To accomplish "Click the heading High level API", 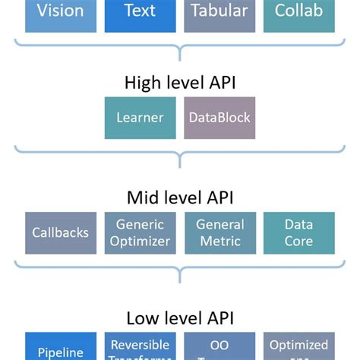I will click(x=179, y=82).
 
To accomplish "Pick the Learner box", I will click(x=140, y=118).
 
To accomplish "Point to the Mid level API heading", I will click(x=179, y=197).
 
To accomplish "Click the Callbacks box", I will click(x=61, y=233).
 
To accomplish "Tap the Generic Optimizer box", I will click(x=140, y=233).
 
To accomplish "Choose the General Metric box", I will click(x=219, y=233).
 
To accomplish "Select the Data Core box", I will click(x=298, y=233).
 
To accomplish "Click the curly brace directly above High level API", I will click(x=179, y=49).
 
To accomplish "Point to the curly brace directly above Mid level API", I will click(x=179, y=157).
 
